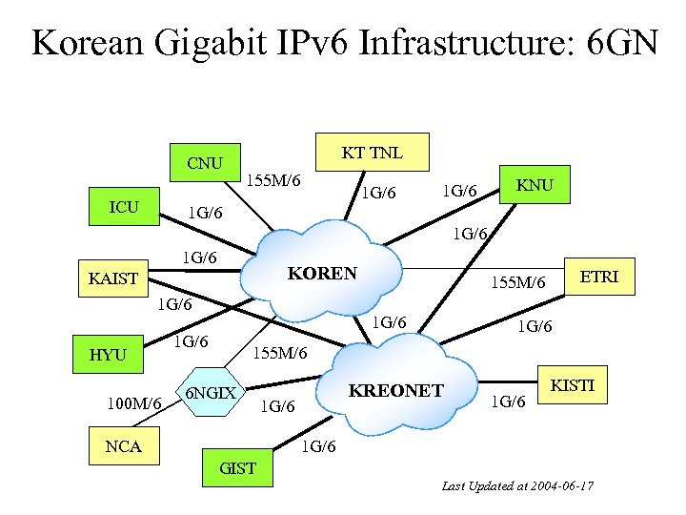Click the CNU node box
(205, 163)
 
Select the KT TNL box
(373, 153)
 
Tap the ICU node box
(124, 207)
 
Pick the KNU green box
(535, 185)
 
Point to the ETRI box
(599, 277)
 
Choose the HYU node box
(108, 355)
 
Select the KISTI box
(572, 385)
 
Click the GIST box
(237, 467)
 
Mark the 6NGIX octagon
(212, 393)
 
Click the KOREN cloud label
(322, 273)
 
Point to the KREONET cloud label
(395, 390)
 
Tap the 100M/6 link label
(133, 404)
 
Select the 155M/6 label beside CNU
(273, 179)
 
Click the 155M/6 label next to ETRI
(517, 282)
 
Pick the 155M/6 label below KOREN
(279, 354)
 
